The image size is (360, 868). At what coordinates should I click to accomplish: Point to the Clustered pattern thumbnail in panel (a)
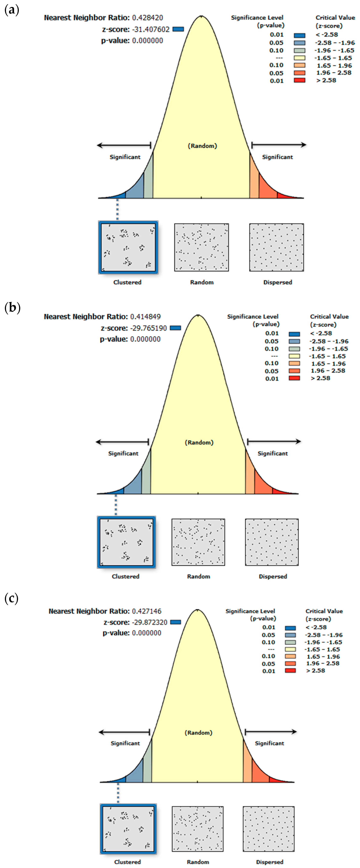128,247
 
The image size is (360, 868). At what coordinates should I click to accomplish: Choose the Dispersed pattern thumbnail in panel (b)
272,542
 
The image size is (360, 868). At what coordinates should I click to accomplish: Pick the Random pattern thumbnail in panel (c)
197,829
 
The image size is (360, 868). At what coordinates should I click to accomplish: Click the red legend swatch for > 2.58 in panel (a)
299,80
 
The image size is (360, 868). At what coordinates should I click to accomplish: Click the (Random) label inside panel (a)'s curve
202,146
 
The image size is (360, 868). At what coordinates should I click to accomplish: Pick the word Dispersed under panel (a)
278,282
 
